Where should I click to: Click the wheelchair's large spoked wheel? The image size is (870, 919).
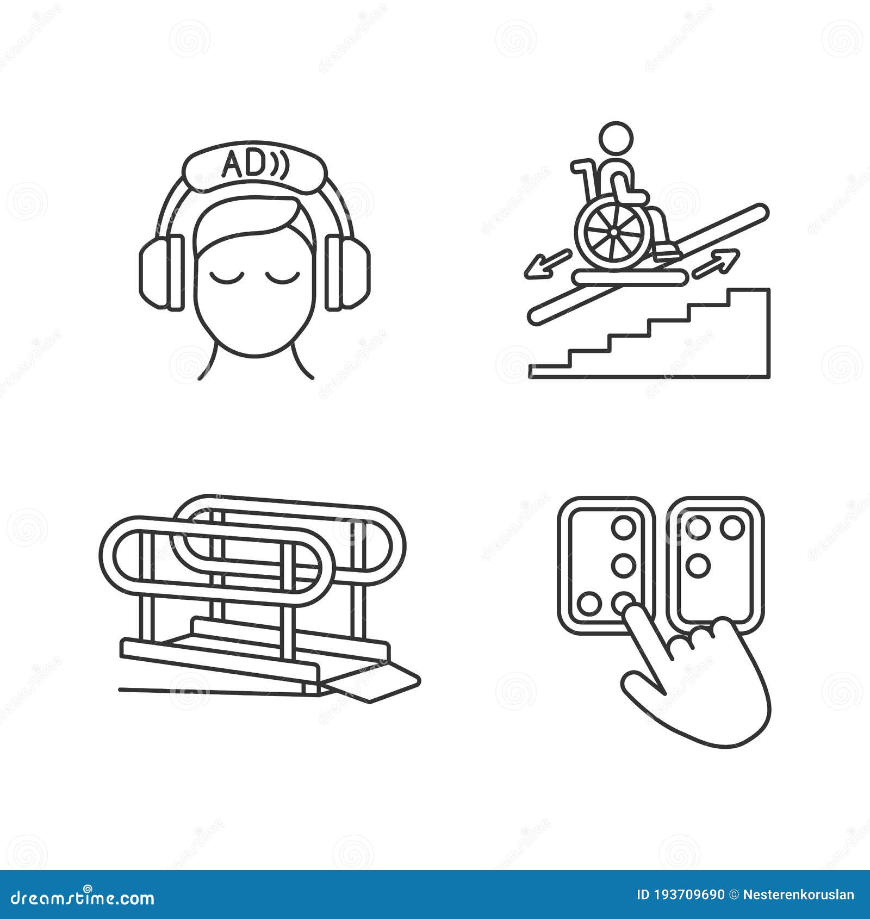613,232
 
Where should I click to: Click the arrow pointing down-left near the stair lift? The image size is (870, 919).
546,265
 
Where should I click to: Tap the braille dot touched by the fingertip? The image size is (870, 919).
623,603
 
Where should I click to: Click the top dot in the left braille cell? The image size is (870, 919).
623,527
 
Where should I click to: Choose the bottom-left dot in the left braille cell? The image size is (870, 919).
589,604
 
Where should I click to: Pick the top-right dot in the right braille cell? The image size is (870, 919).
731,527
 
